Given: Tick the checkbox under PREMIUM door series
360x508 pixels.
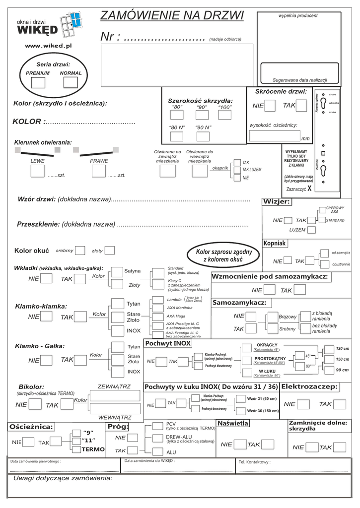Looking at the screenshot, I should coord(38,83).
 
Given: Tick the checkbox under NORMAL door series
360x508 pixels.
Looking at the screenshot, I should coord(71,83).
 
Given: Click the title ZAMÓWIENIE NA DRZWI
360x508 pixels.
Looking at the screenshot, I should coord(172,16).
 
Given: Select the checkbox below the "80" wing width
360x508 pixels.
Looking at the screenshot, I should coord(177,116).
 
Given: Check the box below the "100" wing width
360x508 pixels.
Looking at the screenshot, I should coord(225,116).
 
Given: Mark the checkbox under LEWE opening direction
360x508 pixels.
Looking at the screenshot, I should coord(38,171).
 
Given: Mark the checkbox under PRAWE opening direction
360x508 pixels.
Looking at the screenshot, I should coord(99,171).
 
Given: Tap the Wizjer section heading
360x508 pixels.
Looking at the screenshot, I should coord(276,201).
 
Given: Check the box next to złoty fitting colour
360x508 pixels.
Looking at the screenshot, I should coord(110,251).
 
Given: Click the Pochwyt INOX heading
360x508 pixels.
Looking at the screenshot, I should coord(168,343).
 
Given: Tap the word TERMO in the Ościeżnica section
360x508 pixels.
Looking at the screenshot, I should coord(93,449).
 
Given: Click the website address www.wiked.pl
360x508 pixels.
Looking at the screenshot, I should coord(49,45).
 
